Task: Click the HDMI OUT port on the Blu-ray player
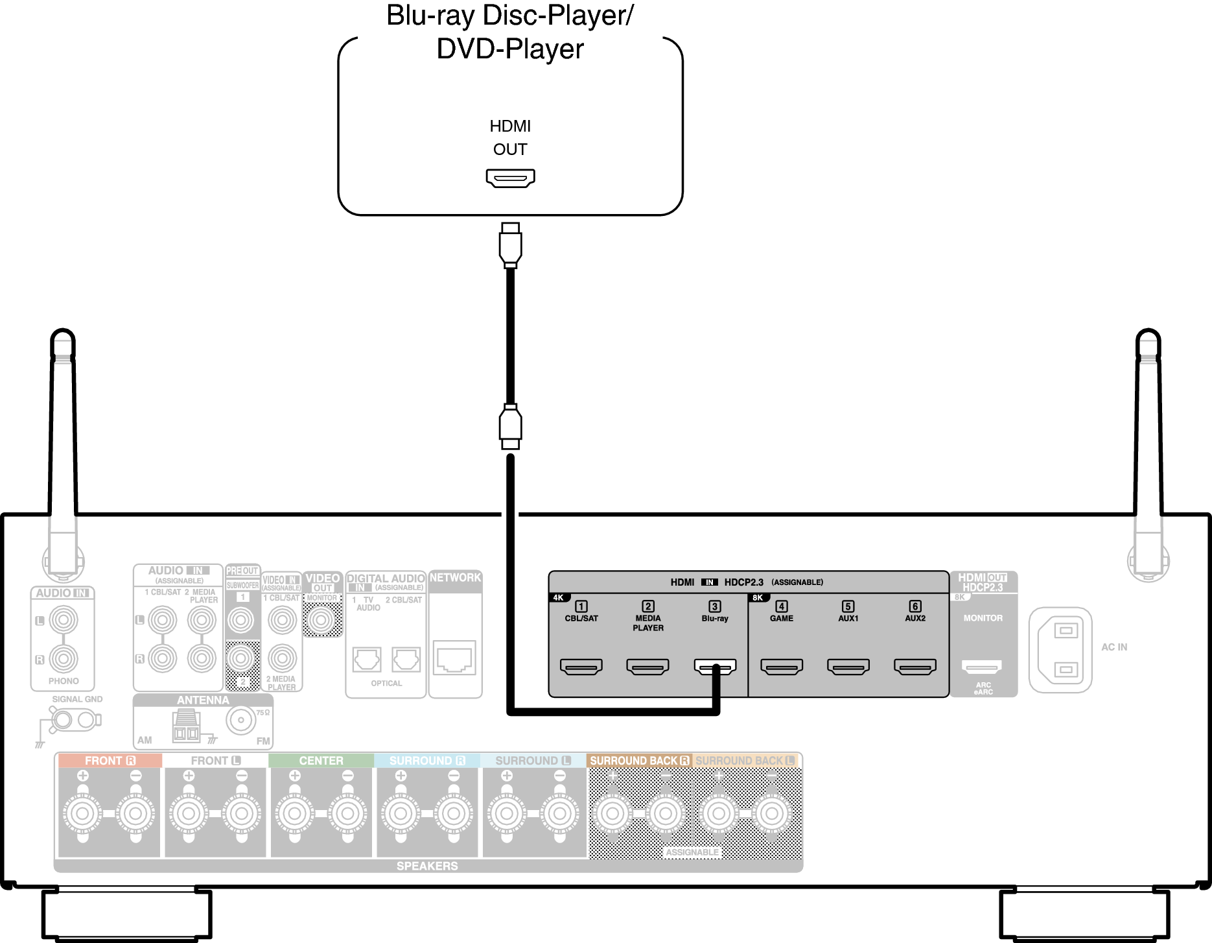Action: [510, 178]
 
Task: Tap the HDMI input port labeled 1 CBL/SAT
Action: [581, 666]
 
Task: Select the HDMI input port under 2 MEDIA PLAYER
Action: [647, 666]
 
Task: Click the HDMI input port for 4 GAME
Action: [781, 666]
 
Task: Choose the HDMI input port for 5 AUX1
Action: [848, 666]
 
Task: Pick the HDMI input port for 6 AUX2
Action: [915, 666]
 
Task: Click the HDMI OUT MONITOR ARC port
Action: [982, 666]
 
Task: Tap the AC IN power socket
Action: [1060, 649]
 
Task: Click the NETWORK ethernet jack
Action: [455, 658]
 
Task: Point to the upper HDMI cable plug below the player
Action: [510, 245]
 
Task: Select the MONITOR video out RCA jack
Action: [321, 621]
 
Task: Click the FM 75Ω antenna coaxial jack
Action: [241, 720]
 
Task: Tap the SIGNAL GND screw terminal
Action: [63, 719]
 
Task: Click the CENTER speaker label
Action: [321, 760]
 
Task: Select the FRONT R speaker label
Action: [110, 760]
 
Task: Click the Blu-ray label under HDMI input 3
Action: [714, 618]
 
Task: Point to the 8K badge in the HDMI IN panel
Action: [758, 597]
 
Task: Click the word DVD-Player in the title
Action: [510, 49]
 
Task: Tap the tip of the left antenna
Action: [63, 333]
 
